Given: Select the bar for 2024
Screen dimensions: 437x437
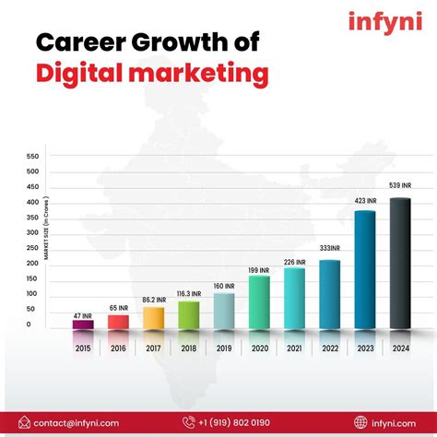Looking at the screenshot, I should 400,264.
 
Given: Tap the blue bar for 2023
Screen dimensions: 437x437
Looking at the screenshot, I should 365,269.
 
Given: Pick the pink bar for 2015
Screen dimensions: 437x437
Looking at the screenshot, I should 83,324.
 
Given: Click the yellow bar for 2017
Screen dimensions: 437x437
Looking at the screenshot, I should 153,317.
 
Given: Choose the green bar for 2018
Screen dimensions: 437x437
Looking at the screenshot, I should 188,314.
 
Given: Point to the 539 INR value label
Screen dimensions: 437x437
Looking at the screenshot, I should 400,186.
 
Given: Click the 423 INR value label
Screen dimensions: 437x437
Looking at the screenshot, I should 365,200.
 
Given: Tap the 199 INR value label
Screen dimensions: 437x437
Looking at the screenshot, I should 259,269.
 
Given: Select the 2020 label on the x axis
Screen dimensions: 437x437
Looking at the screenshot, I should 259,348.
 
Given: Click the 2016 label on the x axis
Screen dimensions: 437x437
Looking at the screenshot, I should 118,348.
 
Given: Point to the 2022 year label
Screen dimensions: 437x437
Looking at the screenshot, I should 329,348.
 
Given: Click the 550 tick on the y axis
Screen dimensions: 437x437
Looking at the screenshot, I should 33,156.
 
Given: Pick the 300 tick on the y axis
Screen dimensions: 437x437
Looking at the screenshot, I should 33,232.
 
